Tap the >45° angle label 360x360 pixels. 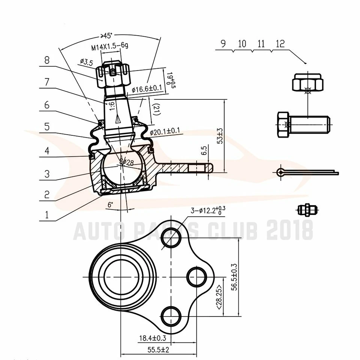[x=106, y=36]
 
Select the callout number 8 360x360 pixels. [x=47, y=60]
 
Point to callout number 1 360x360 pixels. [x=47, y=214]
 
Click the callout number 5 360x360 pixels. [x=47, y=126]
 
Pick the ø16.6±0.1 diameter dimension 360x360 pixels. [x=147, y=89]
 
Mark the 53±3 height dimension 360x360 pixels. [x=220, y=136]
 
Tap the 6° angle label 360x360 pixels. [x=110, y=205]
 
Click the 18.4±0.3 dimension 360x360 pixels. [x=152, y=339]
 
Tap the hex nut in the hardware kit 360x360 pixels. [x=307, y=82]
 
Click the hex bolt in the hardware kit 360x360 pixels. [x=303, y=124]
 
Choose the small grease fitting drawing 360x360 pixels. [x=307, y=210]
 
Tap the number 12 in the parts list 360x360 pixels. [x=280, y=44]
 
